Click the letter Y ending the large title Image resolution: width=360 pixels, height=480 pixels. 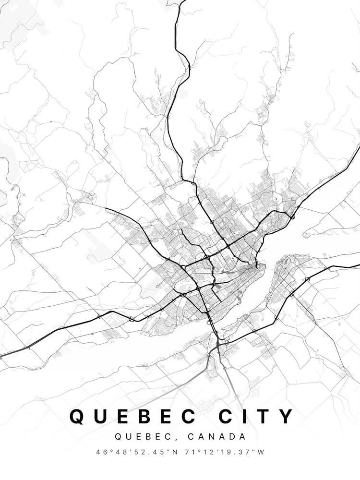[287, 416]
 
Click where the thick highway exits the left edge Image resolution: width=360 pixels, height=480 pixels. [1, 356]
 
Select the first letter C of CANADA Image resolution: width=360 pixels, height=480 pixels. [192, 437]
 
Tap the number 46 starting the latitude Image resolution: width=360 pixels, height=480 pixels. [100, 452]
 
